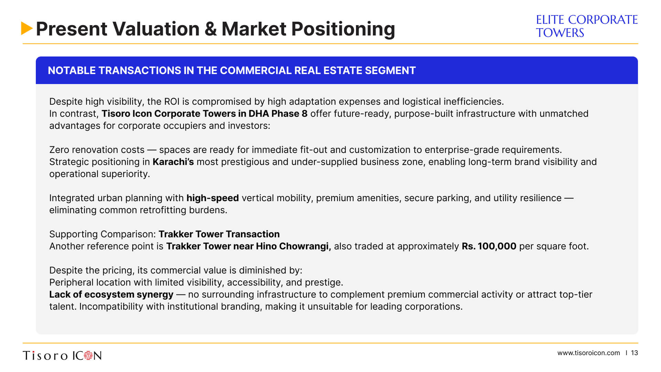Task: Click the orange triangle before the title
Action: (x=27, y=28)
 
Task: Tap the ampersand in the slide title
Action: (x=211, y=29)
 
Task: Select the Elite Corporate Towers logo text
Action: (x=587, y=26)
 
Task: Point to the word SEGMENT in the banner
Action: (x=390, y=70)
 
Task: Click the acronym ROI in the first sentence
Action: (x=171, y=102)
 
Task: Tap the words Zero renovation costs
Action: (x=97, y=150)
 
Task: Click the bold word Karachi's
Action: (x=173, y=162)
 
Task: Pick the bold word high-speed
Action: (x=212, y=198)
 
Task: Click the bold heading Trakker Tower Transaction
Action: (x=219, y=234)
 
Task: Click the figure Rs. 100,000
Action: (x=489, y=246)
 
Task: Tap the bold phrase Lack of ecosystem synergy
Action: (x=111, y=294)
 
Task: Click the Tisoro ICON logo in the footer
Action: (x=62, y=355)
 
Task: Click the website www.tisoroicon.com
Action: (x=588, y=353)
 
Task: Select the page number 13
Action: (x=634, y=353)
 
